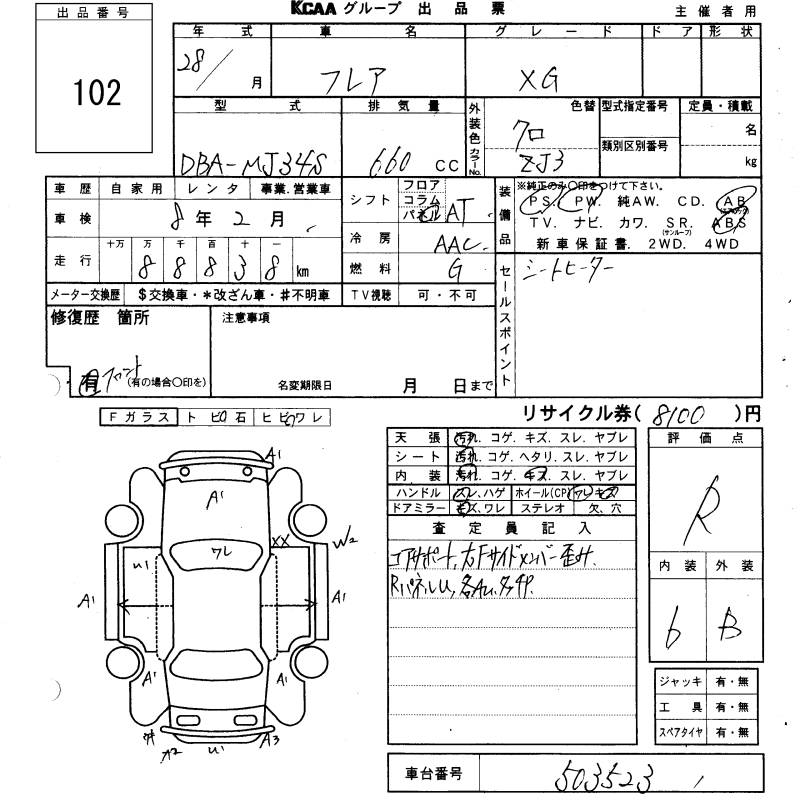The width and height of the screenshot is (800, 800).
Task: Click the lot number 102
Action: click(97, 94)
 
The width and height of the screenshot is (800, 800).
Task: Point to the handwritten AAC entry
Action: click(457, 241)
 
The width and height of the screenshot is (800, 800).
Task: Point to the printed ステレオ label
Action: click(559, 508)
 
